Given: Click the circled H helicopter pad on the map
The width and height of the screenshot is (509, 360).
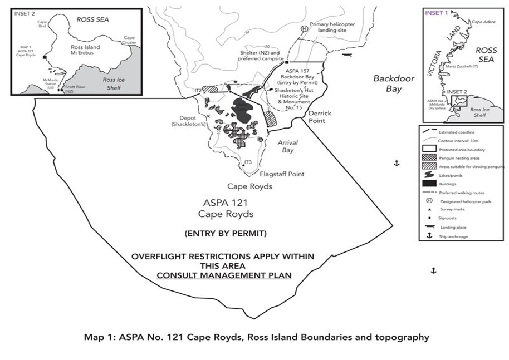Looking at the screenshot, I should coord(304,29).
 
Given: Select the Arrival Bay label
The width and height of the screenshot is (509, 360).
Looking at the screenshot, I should coord(287,146).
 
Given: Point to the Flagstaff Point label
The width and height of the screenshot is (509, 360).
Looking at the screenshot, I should coord(282,174).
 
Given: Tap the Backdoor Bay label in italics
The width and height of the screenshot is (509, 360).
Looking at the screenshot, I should coord(394,83).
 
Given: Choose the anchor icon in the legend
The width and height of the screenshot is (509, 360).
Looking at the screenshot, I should coord(429,236).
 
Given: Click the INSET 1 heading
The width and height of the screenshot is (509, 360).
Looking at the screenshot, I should coord(436,13).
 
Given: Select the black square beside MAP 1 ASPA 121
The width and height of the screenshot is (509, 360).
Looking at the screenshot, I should coord(43,56).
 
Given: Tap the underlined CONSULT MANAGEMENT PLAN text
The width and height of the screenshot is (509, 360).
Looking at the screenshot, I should coord(224,275).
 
